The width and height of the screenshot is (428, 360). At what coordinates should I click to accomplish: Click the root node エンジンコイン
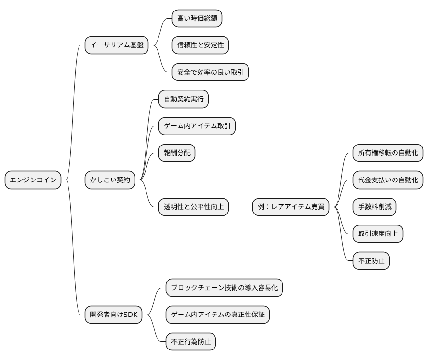tap(33, 180)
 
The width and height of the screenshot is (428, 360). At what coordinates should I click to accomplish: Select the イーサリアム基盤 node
tap(116, 45)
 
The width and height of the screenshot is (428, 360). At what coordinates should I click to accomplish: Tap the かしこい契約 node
tap(110, 180)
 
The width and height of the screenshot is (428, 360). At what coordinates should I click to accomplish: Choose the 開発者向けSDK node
tap(113, 315)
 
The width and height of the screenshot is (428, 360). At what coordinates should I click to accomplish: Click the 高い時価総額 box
tap(197, 18)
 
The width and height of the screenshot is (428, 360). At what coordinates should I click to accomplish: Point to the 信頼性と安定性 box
tap(200, 45)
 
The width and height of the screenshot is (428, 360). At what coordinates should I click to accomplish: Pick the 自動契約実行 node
tap(183, 99)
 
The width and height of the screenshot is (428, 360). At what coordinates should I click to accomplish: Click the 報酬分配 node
tap(177, 153)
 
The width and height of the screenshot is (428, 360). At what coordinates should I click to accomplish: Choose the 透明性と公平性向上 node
tap(193, 207)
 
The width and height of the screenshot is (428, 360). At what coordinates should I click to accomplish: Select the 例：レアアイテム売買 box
tap(291, 207)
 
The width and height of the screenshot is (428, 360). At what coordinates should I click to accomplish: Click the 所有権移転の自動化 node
tap(388, 153)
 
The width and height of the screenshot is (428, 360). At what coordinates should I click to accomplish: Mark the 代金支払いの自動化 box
tap(388, 180)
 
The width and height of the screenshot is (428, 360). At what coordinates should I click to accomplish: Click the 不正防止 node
tap(371, 261)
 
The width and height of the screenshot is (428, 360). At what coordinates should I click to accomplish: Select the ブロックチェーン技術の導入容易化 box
tap(224, 288)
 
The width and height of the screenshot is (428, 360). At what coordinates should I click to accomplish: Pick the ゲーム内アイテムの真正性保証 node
tap(217, 315)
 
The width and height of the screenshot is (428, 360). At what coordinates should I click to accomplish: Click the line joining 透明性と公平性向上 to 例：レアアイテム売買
tap(241, 207)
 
